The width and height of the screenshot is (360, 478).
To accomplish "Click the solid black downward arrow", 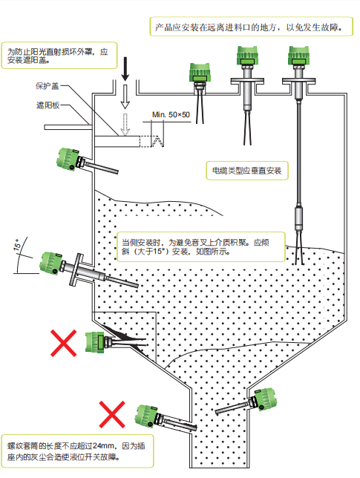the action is (x=125, y=68).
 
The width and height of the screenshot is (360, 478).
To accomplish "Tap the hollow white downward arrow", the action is (x=125, y=96).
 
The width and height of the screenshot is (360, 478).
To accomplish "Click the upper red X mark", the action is (x=63, y=343).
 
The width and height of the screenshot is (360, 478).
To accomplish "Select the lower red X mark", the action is (x=112, y=414).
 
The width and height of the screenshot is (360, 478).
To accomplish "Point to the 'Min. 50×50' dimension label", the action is (x=171, y=114).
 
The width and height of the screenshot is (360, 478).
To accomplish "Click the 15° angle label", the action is (x=17, y=245).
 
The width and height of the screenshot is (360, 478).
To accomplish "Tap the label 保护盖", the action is (x=47, y=86).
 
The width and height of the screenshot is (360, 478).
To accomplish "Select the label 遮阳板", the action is (x=48, y=105).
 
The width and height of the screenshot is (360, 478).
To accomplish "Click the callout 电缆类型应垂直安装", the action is (x=247, y=171).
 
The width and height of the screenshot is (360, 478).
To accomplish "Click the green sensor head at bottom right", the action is (x=264, y=399).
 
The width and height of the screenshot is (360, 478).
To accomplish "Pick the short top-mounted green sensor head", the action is (x=200, y=73).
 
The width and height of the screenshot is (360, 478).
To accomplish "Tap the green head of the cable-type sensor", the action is (x=298, y=56).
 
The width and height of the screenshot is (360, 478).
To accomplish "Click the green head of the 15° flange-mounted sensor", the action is (x=51, y=263).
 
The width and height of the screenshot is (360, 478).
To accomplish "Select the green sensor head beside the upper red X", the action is (x=95, y=342).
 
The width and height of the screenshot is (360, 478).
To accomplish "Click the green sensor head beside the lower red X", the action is (x=147, y=416).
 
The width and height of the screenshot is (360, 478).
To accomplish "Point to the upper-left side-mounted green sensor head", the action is (x=68, y=159).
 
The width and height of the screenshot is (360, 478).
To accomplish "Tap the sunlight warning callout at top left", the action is (x=59, y=56).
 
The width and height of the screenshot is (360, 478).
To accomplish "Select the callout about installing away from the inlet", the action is (x=251, y=27).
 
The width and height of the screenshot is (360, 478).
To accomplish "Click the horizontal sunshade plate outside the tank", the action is (x=68, y=127).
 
